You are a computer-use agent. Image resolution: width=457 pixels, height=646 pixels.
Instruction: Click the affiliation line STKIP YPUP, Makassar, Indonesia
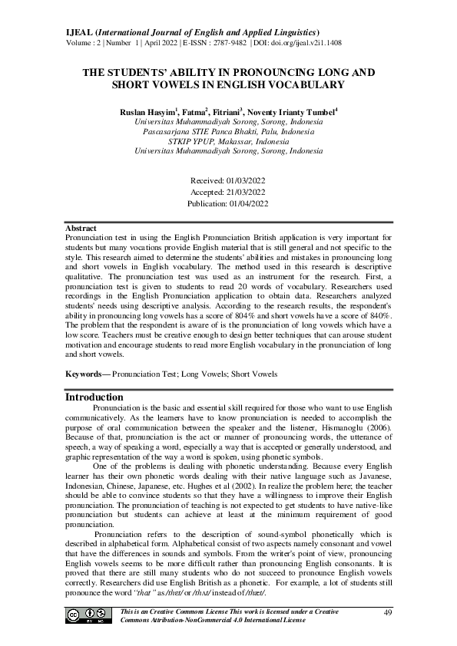point(228,142)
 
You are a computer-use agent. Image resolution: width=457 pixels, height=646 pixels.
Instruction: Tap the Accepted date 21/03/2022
point(245,192)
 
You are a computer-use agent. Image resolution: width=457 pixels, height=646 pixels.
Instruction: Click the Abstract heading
point(81,229)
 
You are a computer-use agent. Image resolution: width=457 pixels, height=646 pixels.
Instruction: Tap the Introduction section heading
point(94,397)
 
